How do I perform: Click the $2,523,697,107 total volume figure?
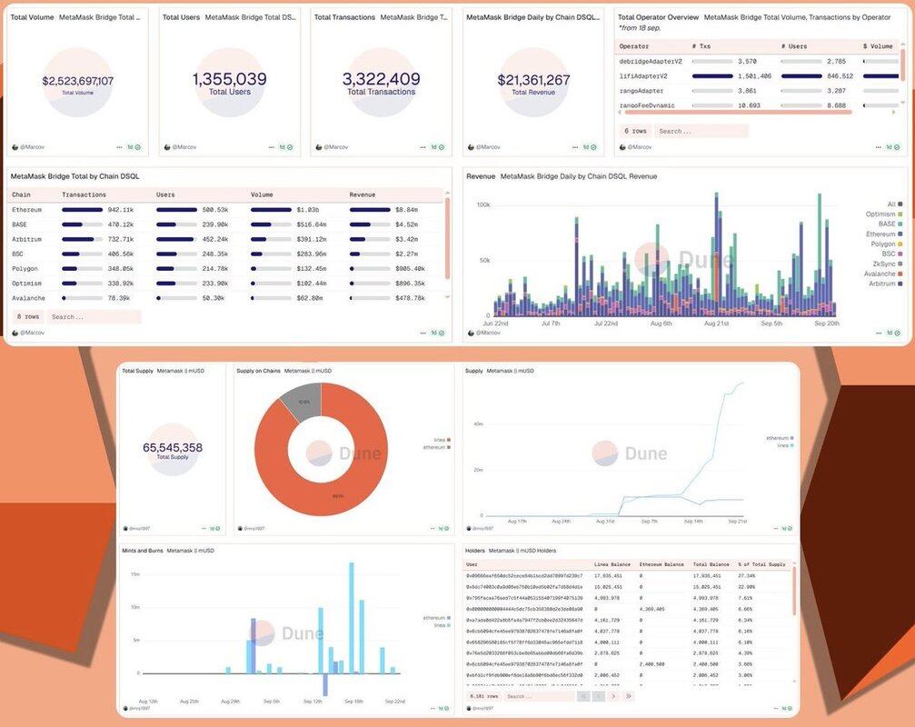coord(77,81)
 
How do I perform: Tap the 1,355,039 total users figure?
coord(229,79)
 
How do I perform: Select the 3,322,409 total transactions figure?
coord(381,79)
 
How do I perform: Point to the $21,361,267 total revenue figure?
coord(533,80)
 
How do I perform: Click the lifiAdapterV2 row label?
coord(644,76)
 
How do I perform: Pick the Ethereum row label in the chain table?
coord(26,210)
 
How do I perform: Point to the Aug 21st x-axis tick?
coord(716,323)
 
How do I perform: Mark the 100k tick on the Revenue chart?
coord(482,204)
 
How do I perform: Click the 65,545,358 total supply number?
coord(173,447)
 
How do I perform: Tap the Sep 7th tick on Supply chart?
coord(649,522)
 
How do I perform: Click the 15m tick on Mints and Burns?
coord(134,574)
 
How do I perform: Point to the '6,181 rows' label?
coord(483,696)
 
